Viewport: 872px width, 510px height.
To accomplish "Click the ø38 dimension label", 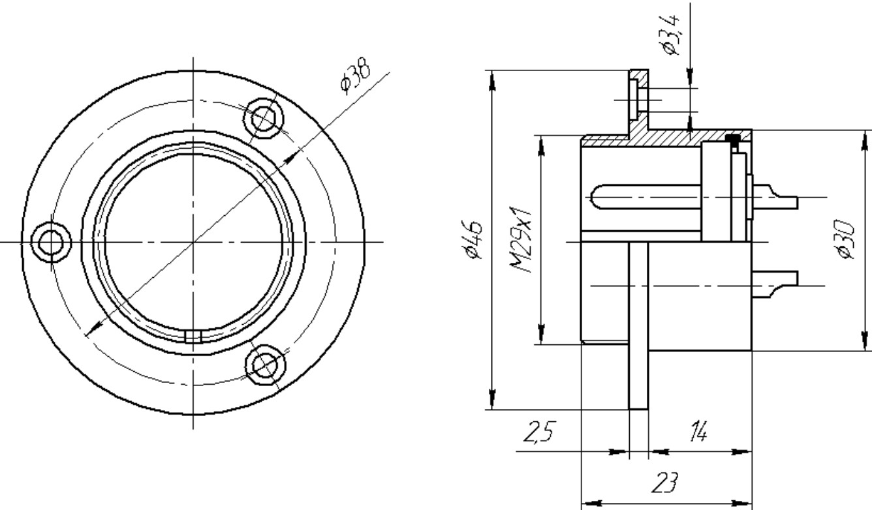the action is pos(356,76).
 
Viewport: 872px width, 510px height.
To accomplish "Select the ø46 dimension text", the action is pos(472,240).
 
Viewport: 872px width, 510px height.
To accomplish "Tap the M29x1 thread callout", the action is pos(520,239).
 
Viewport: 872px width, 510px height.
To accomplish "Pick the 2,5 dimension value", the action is pos(540,432).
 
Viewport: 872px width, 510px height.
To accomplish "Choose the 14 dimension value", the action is pos(699,431).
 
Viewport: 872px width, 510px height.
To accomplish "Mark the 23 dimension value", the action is pos(665,483).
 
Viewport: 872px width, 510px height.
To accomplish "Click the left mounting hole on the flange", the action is pos(51,243).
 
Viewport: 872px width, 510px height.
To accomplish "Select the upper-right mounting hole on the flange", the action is pos(264,118).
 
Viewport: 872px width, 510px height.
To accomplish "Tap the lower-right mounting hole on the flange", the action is pos(265,365).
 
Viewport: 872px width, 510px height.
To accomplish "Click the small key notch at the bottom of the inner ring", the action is pos(193,337).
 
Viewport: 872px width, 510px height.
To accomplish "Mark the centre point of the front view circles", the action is pos(193,242).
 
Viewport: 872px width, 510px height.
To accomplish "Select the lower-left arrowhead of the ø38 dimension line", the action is pos(93,329).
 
